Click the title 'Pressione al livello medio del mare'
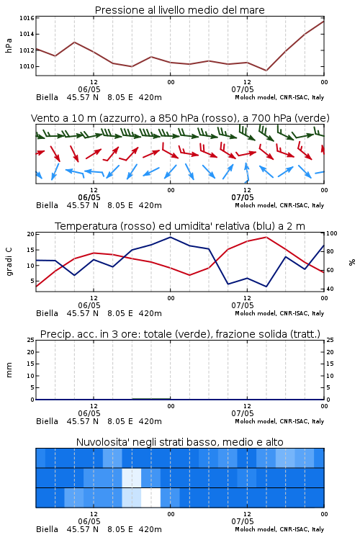pyautogui.click(x=179, y=10)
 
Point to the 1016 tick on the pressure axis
pyautogui.click(x=27, y=18)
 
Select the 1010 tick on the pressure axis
pyautogui.click(x=27, y=66)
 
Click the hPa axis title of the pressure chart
pyautogui.click(x=9, y=45)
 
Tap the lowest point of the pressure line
pyautogui.click(x=266, y=71)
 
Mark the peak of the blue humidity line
pyautogui.click(x=170, y=237)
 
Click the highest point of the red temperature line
pyautogui.click(x=266, y=237)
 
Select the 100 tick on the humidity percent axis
pyautogui.click(x=332, y=233)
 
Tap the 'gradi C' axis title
pyautogui.click(x=9, y=262)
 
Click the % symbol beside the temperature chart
pyautogui.click(x=352, y=262)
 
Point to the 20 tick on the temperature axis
pyautogui.click(x=31, y=234)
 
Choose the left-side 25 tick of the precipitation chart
pyautogui.click(x=31, y=341)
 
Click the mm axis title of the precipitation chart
pyautogui.click(x=9, y=370)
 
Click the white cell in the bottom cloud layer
pyautogui.click(x=151, y=498)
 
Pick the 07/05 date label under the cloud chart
pyautogui.click(x=243, y=521)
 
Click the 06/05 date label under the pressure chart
pyautogui.click(x=89, y=89)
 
